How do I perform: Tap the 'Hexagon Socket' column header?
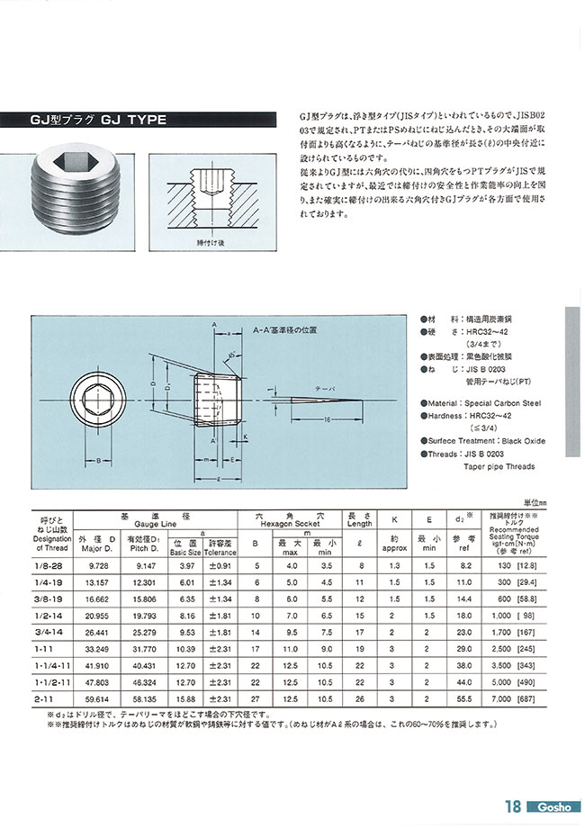click(x=290, y=522)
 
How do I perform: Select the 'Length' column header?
click(x=360, y=522)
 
